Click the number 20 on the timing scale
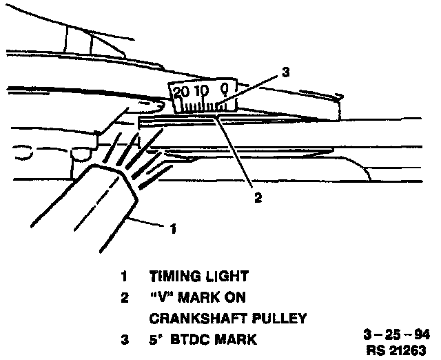(x=182, y=91)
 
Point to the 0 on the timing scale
(x=225, y=88)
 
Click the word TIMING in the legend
(x=173, y=277)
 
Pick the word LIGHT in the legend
(x=224, y=277)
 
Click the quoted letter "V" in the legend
(x=161, y=297)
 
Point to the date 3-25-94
(x=396, y=334)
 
